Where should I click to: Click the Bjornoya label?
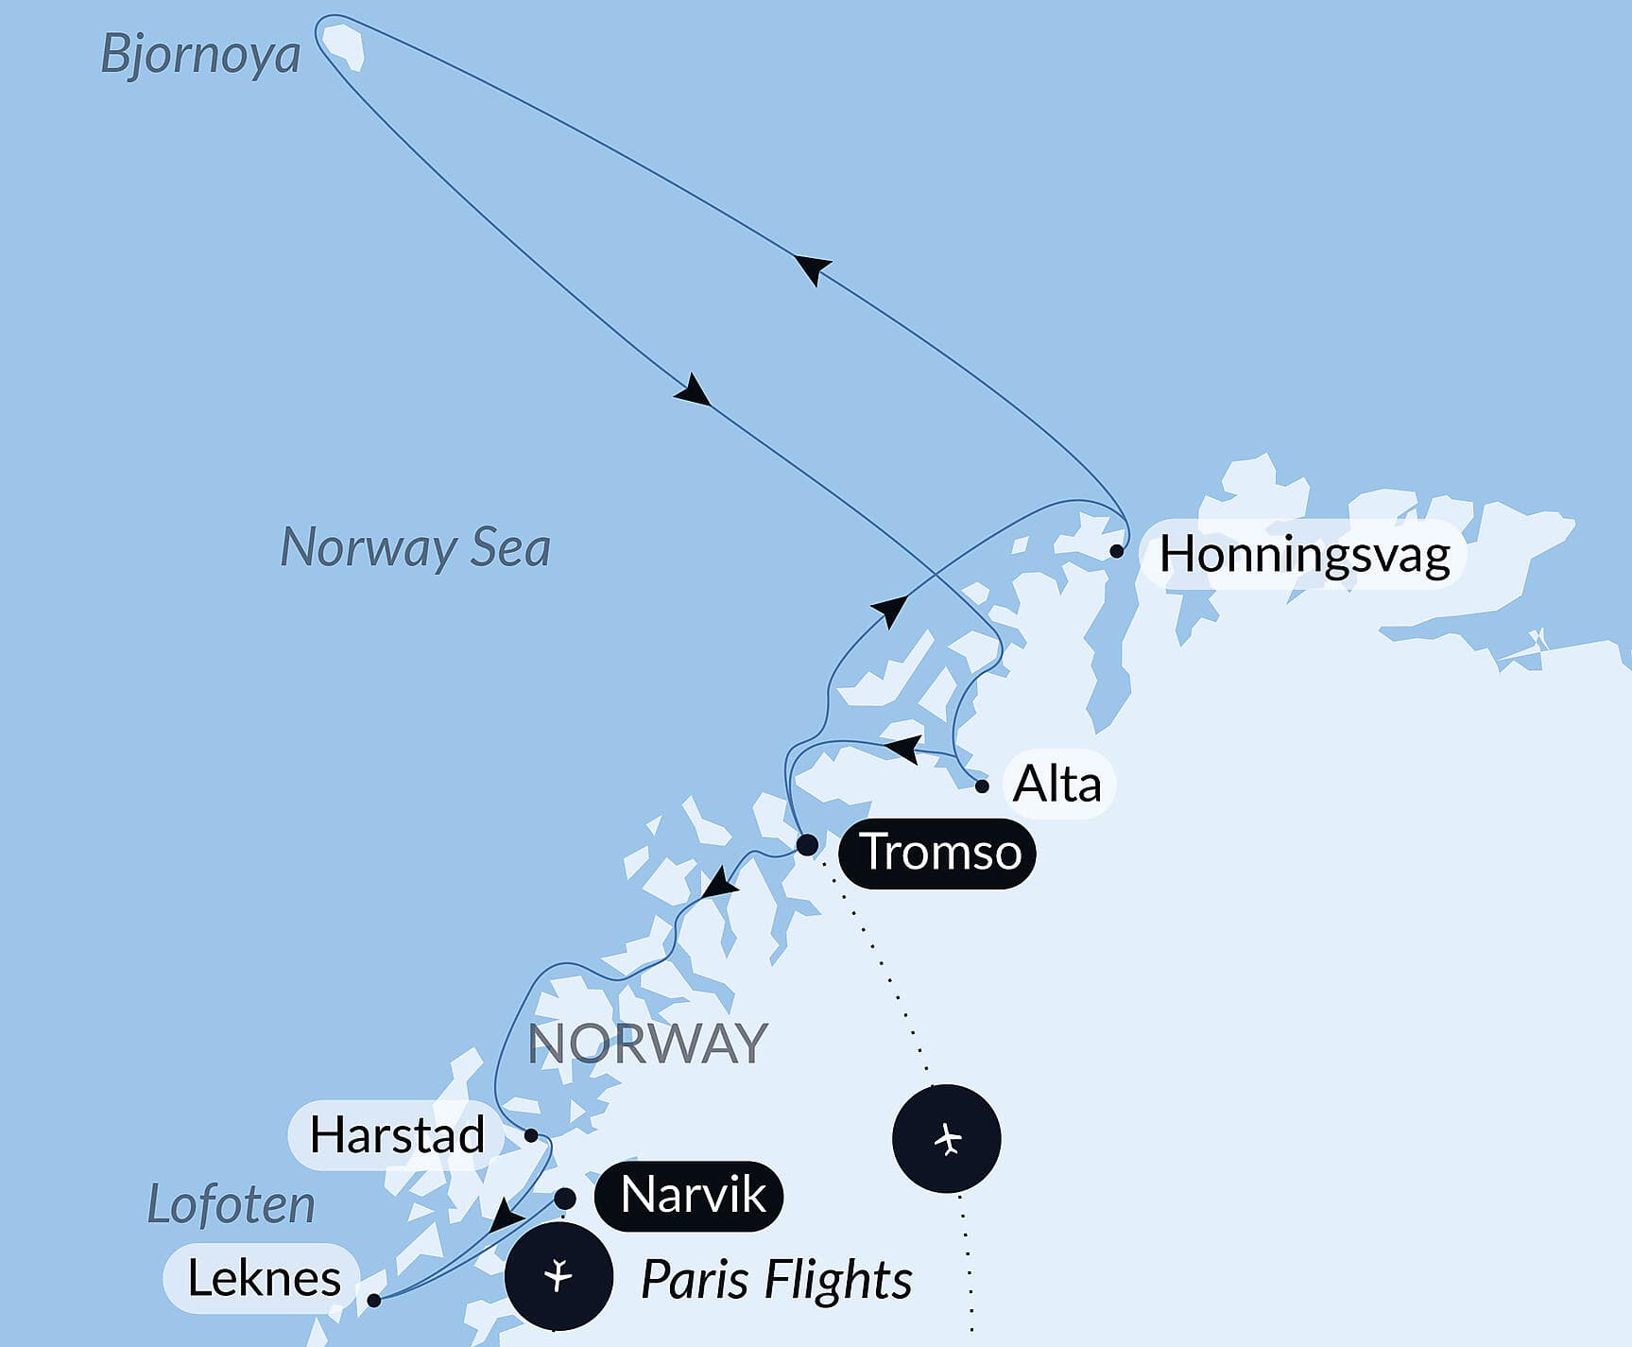pos(200,54)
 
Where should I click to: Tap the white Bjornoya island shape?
pos(342,44)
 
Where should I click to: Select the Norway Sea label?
pos(415,547)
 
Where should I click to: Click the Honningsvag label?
pos(1304,554)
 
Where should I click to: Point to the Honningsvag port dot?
pos(1117,550)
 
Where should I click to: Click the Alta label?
pos(1057,784)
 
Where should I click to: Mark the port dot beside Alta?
pos(982,786)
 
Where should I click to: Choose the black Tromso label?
pos(938,852)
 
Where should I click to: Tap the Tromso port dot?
pos(807,844)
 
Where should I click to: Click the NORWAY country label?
pos(647,1044)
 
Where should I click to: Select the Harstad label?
pos(397,1134)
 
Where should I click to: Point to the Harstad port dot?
pos(531,1135)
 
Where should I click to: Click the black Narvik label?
pos(691,1196)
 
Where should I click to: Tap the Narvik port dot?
pos(564,1199)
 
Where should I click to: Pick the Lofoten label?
pos(232,1205)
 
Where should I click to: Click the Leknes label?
pos(264,1278)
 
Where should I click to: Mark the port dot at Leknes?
pos(374,1301)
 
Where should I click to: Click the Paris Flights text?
pos(776,1280)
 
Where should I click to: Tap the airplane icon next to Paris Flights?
pos(558,1276)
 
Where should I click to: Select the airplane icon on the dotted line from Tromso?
pos(947,1138)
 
